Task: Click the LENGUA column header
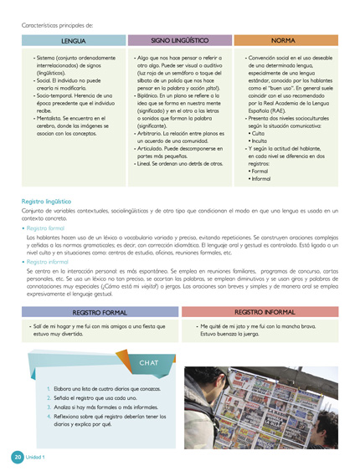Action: pyautogui.click(x=73, y=40)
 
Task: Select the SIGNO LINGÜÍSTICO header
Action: pyautogui.click(x=179, y=39)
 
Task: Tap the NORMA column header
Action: pyautogui.click(x=286, y=40)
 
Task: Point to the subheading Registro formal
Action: pyautogui.click(x=46, y=227)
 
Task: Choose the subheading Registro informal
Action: pyautogui.click(x=49, y=262)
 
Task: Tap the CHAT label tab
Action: pyautogui.click(x=150, y=363)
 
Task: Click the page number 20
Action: pyautogui.click(x=18, y=457)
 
